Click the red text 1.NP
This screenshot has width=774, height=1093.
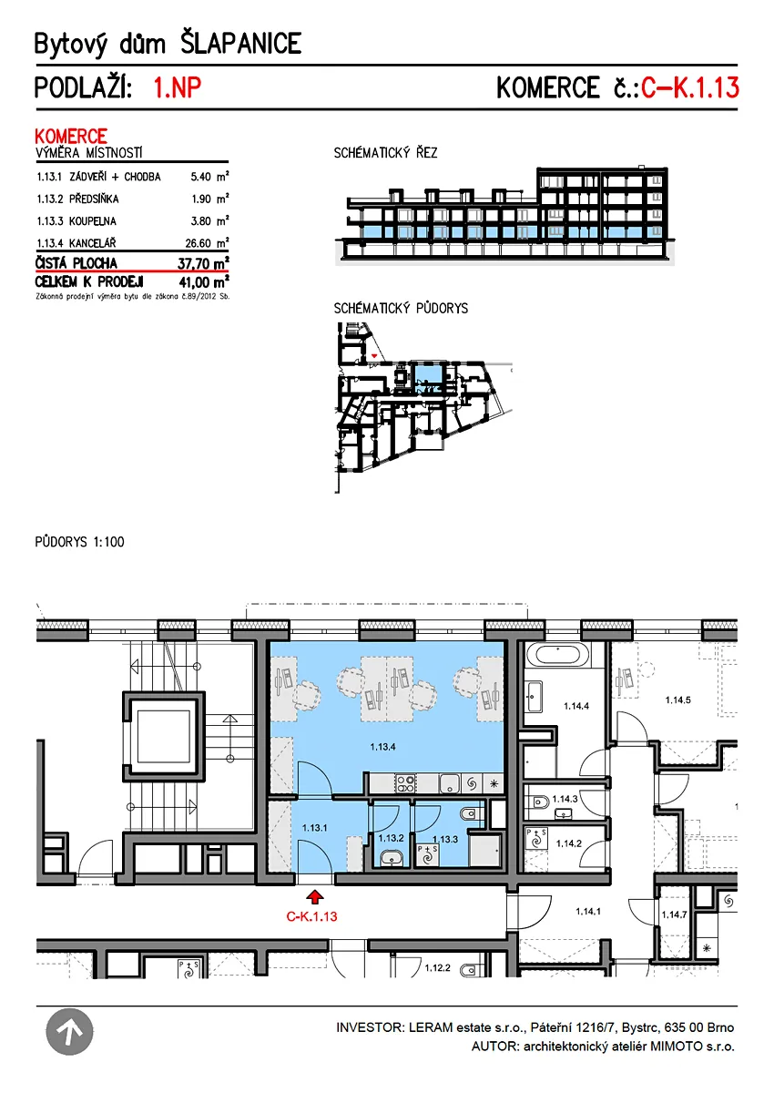point(177,87)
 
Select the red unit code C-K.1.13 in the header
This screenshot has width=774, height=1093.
point(689,87)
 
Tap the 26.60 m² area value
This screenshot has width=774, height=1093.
point(207,242)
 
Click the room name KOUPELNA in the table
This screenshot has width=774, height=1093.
point(93,221)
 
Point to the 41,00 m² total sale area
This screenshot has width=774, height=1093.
point(204,282)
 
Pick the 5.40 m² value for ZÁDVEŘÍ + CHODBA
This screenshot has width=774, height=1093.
point(209,176)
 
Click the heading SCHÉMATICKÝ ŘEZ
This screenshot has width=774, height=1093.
point(385,153)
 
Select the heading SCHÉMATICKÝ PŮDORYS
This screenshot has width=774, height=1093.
point(401,308)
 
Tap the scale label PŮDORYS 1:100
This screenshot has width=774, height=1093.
point(79,542)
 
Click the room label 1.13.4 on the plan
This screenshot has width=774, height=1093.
point(382,747)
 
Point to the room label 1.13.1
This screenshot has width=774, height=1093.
point(314,828)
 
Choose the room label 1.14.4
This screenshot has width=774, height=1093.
point(576,706)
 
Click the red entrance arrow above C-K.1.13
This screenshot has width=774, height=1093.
point(315,896)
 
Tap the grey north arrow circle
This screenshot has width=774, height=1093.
point(69,1031)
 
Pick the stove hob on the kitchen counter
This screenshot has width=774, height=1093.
point(406,783)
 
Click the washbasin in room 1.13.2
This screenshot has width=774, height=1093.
point(392,857)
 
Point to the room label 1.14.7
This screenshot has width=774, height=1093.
point(674,914)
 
